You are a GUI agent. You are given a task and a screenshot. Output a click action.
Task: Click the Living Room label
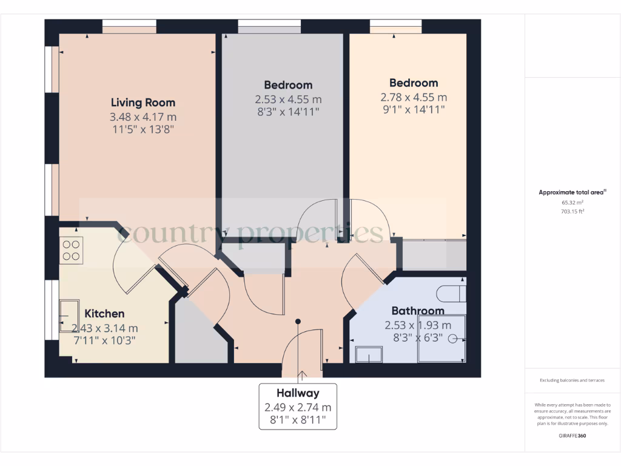143,103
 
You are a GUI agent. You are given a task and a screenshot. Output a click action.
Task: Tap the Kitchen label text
104,314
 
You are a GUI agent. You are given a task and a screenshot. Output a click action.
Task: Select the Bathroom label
417,311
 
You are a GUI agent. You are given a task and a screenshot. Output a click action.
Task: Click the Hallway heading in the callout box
298,393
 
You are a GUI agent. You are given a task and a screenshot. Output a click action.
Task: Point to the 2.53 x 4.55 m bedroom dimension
288,99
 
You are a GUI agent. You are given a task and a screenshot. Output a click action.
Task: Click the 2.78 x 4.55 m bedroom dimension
414,97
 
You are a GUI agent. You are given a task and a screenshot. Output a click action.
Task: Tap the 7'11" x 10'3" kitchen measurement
104,340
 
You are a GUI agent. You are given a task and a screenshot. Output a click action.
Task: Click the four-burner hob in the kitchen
72,249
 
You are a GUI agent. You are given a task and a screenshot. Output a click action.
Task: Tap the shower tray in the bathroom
441,339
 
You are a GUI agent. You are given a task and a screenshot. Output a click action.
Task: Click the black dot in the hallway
298,321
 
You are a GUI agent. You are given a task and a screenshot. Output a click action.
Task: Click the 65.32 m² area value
572,203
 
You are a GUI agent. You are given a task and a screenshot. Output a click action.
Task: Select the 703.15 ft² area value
572,212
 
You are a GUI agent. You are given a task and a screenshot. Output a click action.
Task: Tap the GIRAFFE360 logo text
572,436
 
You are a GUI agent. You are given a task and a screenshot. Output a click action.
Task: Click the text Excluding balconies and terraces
572,380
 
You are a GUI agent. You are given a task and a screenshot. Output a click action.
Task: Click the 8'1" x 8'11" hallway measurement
298,420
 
